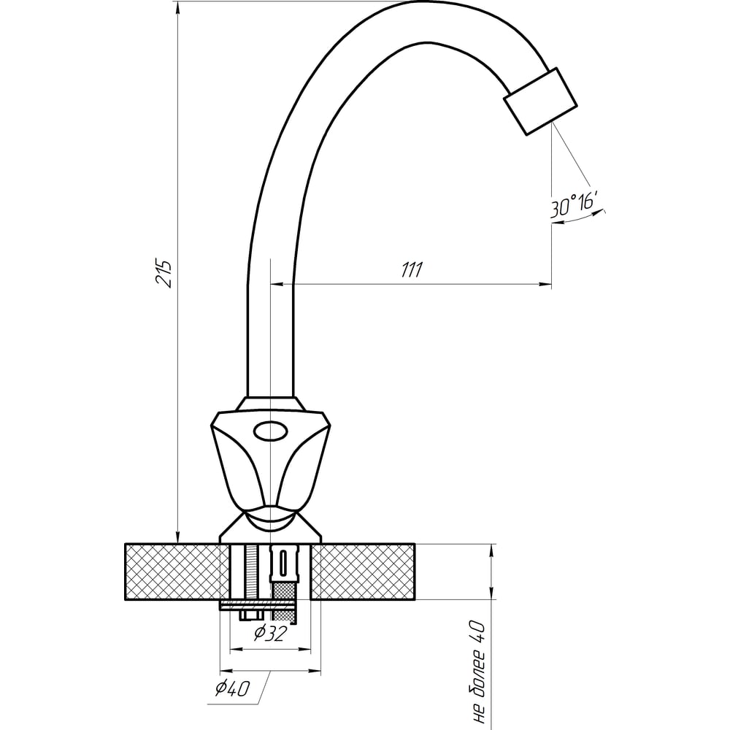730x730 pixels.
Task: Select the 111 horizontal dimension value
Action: pos(412,269)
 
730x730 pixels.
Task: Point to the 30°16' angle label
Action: pos(574,205)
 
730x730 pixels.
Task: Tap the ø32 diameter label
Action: pos(271,633)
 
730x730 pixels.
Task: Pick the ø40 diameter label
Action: pos(233,688)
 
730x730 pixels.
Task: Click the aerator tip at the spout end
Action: pos(540,101)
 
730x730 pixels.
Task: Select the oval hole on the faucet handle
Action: pos(271,431)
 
